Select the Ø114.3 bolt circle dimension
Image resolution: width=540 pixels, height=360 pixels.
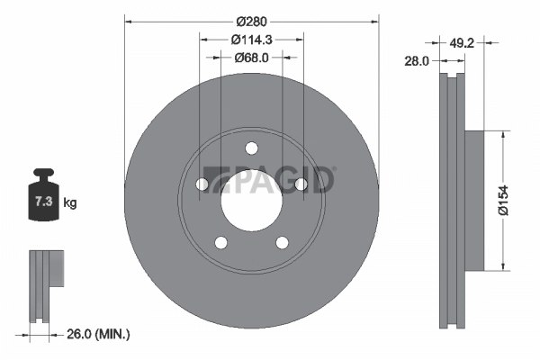[x=251, y=39]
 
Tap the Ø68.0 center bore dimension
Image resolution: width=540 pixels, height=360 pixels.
[x=251, y=58]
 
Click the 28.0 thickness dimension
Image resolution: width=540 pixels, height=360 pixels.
[x=417, y=60]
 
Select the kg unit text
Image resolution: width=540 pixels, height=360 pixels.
[x=69, y=203]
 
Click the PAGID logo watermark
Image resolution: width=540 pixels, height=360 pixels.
[x=270, y=180]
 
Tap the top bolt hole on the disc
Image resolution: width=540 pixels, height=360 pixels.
[x=251, y=148]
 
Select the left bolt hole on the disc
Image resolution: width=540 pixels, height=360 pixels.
[x=202, y=184]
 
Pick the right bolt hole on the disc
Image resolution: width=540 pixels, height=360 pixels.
[x=301, y=184]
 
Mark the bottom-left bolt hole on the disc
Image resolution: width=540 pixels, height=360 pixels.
[x=220, y=242]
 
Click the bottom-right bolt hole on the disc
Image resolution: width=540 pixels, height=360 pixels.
[x=282, y=242]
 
